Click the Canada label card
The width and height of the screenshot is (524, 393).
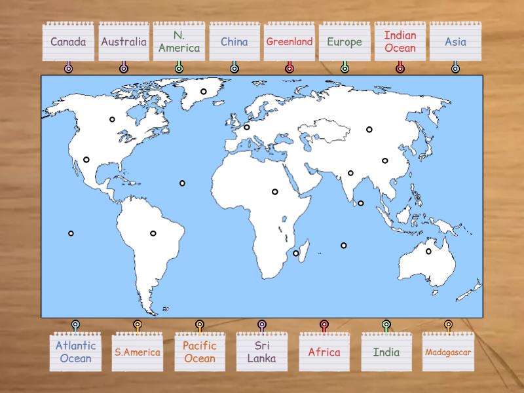pyautogui.click(x=68, y=43)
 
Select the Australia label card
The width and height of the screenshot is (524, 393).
pyautogui.click(x=124, y=43)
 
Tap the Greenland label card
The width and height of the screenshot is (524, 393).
pyautogui.click(x=290, y=43)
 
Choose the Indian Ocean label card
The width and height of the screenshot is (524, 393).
pyautogui.click(x=400, y=43)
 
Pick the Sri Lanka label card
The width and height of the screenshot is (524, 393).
pyautogui.click(x=261, y=352)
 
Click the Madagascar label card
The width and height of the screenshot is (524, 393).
pyautogui.click(x=448, y=352)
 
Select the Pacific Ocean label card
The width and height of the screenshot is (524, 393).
pyautogui.click(x=200, y=352)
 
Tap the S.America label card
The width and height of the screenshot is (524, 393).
pyautogui.click(x=138, y=352)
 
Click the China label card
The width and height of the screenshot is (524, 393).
pyautogui.click(x=234, y=43)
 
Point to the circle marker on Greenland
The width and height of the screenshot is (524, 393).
pyautogui.click(x=204, y=92)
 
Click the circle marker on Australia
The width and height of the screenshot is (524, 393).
pyautogui.click(x=429, y=252)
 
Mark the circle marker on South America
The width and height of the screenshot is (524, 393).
pyautogui.click(x=153, y=233)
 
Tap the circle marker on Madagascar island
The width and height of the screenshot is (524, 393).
pyautogui.click(x=296, y=253)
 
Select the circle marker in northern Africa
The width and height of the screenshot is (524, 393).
pyautogui.click(x=275, y=192)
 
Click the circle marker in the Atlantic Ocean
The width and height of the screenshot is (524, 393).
pyautogui.click(x=182, y=183)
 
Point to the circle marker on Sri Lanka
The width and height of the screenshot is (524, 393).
pyautogui.click(x=361, y=203)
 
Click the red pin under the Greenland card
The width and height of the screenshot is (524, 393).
pyautogui.click(x=290, y=68)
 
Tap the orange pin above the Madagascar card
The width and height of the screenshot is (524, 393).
pyautogui.click(x=448, y=324)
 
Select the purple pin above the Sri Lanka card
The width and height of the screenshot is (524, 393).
pyautogui.click(x=261, y=324)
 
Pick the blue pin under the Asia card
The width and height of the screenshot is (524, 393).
pyautogui.click(x=455, y=68)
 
